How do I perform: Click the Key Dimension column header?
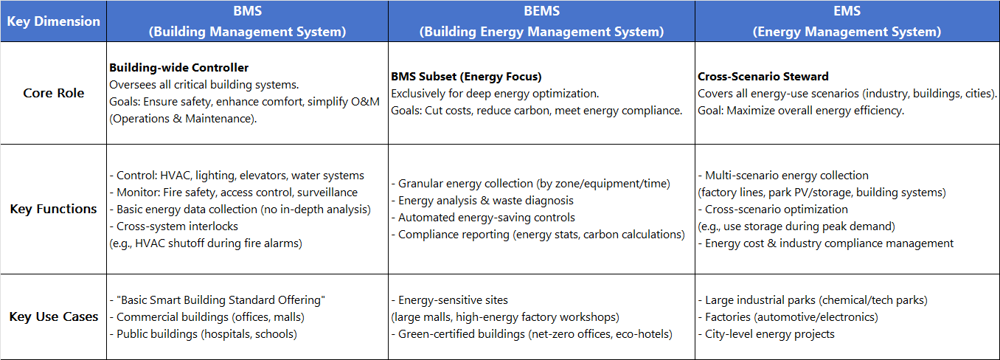(x=54, y=21)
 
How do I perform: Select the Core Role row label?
(x=54, y=93)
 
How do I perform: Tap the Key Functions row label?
(x=54, y=209)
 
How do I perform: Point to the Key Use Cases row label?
(x=54, y=316)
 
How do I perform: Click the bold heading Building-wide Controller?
(x=178, y=67)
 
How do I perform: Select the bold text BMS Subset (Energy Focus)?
(x=466, y=77)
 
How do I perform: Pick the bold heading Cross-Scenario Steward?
(x=763, y=77)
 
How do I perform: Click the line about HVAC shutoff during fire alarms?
(x=206, y=243)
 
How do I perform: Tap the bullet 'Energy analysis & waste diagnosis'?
(x=482, y=201)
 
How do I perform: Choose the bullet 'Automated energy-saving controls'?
(x=484, y=218)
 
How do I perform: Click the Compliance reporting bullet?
(x=538, y=235)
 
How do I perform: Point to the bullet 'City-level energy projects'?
(x=766, y=334)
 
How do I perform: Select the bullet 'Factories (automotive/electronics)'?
(x=788, y=317)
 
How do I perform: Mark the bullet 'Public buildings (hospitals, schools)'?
(x=203, y=334)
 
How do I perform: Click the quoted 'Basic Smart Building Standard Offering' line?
(x=218, y=300)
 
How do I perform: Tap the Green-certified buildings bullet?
(x=532, y=334)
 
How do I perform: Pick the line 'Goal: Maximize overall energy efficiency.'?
(x=801, y=111)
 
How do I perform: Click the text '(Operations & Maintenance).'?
(x=183, y=119)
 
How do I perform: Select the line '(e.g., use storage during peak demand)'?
(x=796, y=226)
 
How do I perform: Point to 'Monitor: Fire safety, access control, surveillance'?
(x=234, y=193)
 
